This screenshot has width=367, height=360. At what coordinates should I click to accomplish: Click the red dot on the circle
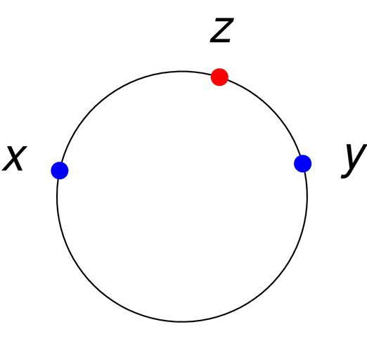219,77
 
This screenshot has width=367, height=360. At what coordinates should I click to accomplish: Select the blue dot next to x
60,170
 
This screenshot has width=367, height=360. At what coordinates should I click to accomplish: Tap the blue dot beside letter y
303,164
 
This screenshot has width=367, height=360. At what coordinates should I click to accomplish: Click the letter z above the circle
221,30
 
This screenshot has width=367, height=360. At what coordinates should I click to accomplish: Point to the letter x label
15,158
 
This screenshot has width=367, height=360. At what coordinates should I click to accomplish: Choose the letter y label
354,161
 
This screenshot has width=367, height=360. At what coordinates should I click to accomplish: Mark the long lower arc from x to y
182,322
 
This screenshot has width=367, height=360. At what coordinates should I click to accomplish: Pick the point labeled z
219,77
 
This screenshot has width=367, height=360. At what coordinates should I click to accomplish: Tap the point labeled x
60,170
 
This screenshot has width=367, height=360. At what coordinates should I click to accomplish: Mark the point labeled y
303,164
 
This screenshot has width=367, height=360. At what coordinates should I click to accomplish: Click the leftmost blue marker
60,170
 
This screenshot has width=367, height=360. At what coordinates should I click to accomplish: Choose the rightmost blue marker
303,164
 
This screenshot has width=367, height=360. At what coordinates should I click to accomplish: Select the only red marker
219,77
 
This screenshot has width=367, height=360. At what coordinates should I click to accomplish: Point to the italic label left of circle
15,158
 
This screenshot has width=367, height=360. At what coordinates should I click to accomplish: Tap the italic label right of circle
354,161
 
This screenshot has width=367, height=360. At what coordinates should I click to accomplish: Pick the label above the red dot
221,30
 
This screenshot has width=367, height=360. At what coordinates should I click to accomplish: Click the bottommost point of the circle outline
182,322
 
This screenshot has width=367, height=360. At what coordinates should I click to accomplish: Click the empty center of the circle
182,196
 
